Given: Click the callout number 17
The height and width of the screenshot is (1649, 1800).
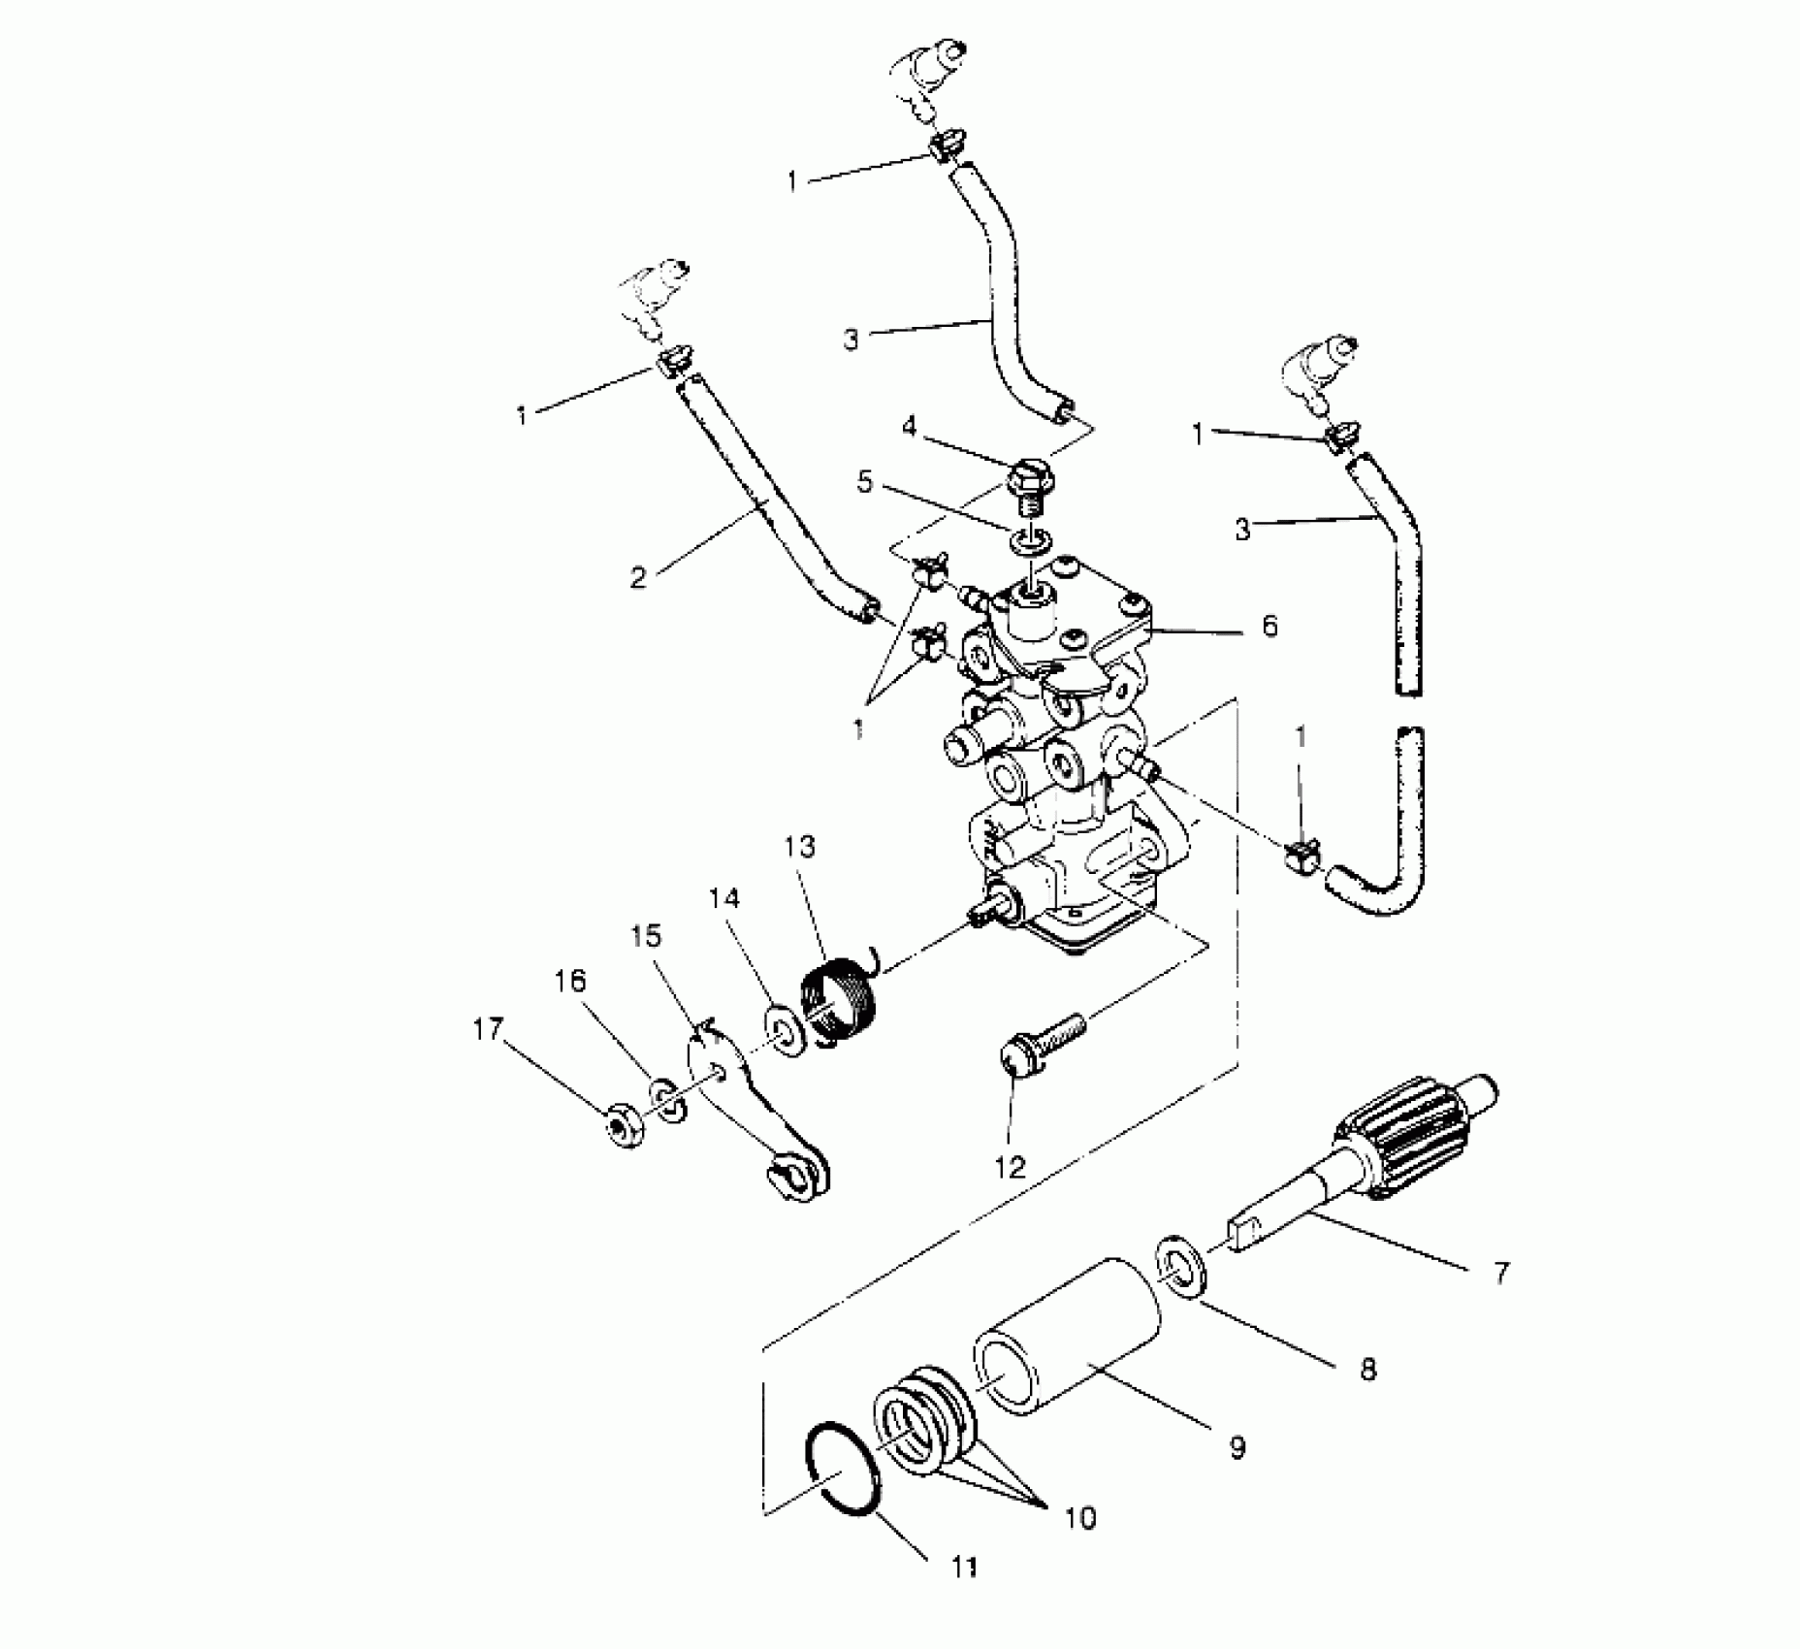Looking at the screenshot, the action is click(x=488, y=1029).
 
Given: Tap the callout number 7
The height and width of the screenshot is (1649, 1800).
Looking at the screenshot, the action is click(x=1501, y=1273).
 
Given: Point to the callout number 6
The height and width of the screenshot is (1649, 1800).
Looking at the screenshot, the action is click(x=1270, y=625).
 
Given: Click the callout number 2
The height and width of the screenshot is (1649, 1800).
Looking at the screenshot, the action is click(x=637, y=577).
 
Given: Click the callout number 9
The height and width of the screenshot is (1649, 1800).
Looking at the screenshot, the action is click(x=1237, y=1448).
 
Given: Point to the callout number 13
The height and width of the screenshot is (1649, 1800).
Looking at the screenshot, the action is click(x=800, y=847).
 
